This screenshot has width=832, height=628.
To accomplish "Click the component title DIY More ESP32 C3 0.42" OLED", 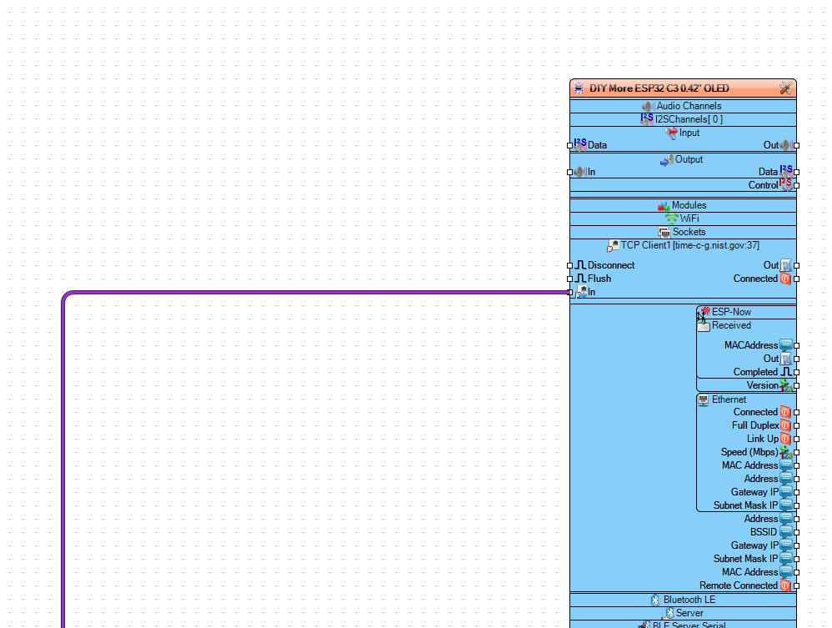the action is pyautogui.click(x=659, y=88).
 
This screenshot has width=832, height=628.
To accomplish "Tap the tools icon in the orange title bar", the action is pyautogui.click(x=785, y=88).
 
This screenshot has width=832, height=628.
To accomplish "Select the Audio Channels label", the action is pyautogui.click(x=689, y=106).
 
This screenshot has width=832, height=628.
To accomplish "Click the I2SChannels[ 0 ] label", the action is pyautogui.click(x=689, y=119).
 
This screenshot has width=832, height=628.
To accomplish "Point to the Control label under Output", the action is pyautogui.click(x=763, y=185).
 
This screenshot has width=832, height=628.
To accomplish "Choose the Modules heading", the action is pyautogui.click(x=689, y=205).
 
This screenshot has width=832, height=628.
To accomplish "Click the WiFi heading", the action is pyautogui.click(x=689, y=219).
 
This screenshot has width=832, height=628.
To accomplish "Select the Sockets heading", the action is pyautogui.click(x=689, y=232).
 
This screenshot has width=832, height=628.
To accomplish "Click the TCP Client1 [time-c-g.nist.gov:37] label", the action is pyautogui.click(x=689, y=245).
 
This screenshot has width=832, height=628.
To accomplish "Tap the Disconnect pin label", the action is pyautogui.click(x=611, y=265).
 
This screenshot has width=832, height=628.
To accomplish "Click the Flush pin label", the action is pyautogui.click(x=599, y=279).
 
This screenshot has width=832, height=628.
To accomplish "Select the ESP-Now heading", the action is pyautogui.click(x=731, y=312).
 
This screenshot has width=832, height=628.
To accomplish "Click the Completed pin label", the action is pyautogui.click(x=755, y=372).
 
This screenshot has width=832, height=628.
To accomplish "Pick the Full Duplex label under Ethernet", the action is pyautogui.click(x=755, y=425).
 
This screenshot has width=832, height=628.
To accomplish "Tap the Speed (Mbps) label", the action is pyautogui.click(x=749, y=452).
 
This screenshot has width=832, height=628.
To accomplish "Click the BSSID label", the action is pyautogui.click(x=763, y=532).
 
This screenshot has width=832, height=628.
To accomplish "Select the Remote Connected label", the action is pyautogui.click(x=738, y=585).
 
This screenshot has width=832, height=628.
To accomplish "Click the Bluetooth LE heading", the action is pyautogui.click(x=689, y=600).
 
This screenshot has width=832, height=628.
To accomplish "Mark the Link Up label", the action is pyautogui.click(x=763, y=439).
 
